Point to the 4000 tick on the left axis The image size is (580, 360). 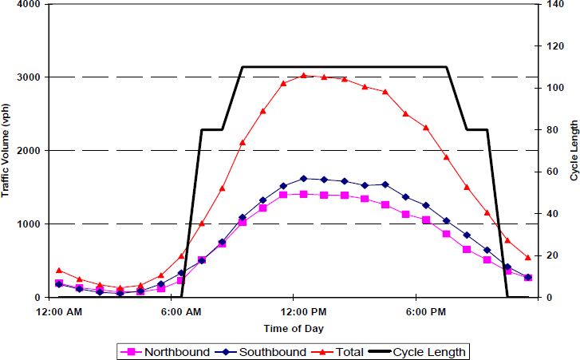point(29,4)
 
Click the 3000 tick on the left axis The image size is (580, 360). point(29,77)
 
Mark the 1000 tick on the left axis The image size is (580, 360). point(29,224)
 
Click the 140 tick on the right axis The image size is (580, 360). point(552,4)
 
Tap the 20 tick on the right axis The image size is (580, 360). point(550,255)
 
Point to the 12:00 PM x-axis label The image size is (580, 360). point(304,311)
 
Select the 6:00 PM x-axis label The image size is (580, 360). point(427,311)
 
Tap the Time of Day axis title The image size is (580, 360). point(294,328)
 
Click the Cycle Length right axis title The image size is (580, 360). point(573,150)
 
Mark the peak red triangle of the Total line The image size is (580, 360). point(304,76)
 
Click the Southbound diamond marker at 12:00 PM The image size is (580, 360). point(304,179)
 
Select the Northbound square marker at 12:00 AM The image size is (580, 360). point(58,283)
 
